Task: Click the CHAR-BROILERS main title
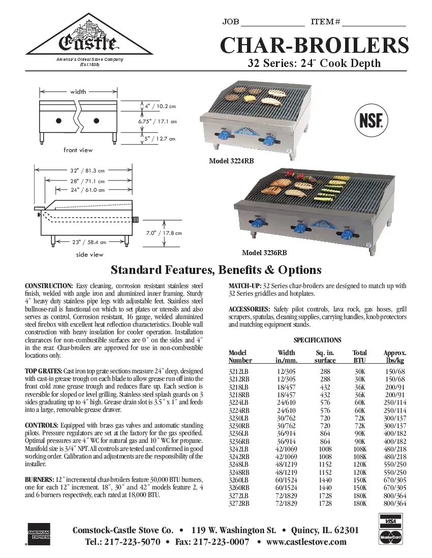[x=314, y=46]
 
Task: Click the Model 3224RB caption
[x=231, y=161]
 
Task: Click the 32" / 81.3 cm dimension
[x=87, y=170]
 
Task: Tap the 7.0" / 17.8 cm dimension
[x=164, y=233]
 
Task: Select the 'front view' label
[x=78, y=150]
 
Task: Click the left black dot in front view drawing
[x=59, y=120]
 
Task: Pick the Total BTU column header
[x=360, y=357]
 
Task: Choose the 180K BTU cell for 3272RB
[x=360, y=504]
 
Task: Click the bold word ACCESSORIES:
[x=249, y=309]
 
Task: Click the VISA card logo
[x=390, y=521]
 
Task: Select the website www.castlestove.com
[x=306, y=542]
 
